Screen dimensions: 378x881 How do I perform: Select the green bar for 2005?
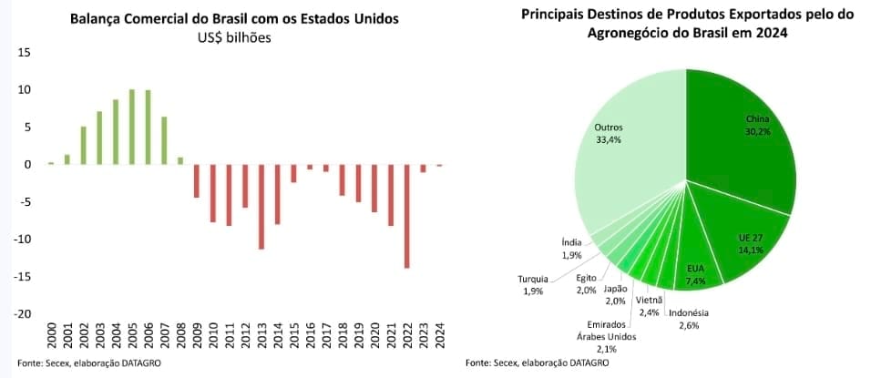click(x=132, y=127)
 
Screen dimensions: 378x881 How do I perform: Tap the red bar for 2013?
click(x=261, y=207)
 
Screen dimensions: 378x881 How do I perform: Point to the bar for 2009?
click(x=196, y=180)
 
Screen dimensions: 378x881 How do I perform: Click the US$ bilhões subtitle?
click(x=234, y=37)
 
